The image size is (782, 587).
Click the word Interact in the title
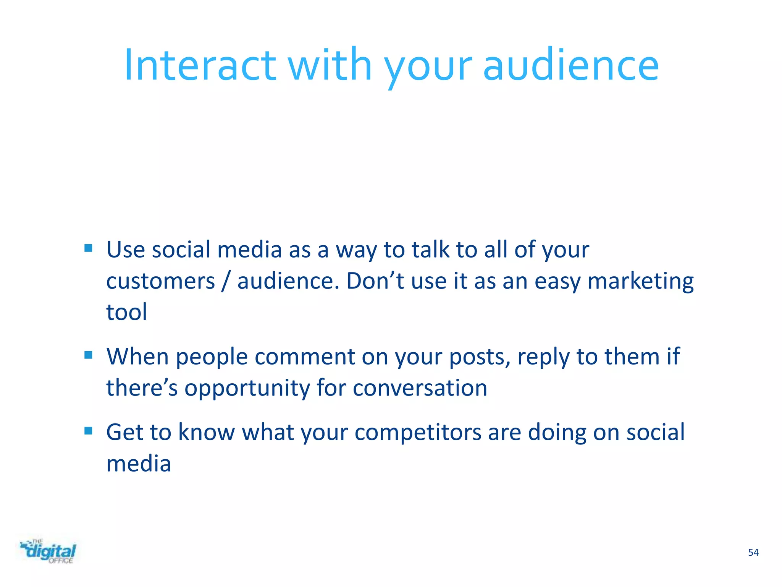pos(200,65)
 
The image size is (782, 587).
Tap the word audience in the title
pos(571,65)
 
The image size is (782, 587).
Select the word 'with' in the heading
pos(330,65)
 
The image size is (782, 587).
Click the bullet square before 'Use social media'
pos(88,248)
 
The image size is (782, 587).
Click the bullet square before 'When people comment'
pos(88,355)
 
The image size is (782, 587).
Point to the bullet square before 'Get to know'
pos(88,431)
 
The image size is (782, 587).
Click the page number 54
pos(753,552)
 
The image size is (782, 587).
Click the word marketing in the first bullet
pos(640,281)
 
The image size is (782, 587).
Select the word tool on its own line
pos(126,312)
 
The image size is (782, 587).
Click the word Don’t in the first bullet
pos(375,281)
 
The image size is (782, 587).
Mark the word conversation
pos(420,388)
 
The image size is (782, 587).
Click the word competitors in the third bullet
pos(418,433)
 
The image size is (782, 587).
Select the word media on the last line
pos(138,464)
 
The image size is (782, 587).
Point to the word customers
pos(160,281)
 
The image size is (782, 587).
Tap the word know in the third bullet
pos(206,432)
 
